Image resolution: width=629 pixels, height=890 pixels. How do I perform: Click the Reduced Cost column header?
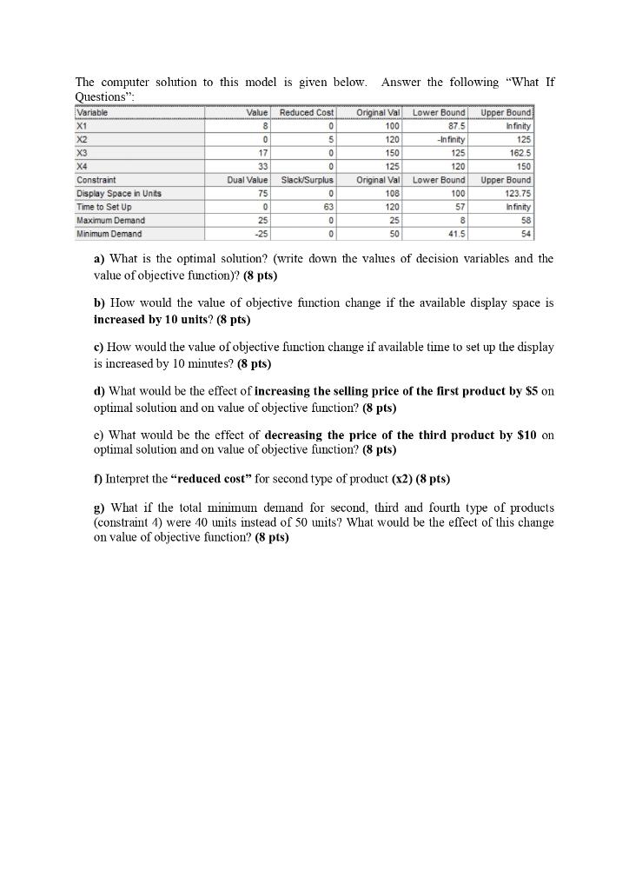308,113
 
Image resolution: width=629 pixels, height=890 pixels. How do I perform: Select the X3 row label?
83,153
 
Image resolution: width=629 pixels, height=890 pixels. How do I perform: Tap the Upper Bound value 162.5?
518,153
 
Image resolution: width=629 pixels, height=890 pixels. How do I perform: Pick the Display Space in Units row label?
119,193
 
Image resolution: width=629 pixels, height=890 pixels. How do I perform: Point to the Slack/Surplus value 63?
328,207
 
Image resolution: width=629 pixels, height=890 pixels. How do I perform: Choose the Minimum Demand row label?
109,234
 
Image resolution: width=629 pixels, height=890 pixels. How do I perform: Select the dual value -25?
261,234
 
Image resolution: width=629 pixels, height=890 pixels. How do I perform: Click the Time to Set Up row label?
104,207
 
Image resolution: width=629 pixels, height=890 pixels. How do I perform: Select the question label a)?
99,259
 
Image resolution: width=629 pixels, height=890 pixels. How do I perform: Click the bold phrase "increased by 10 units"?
156,320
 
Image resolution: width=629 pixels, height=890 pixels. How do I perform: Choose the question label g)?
99,508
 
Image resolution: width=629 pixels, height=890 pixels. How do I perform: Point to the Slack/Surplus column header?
306,180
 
